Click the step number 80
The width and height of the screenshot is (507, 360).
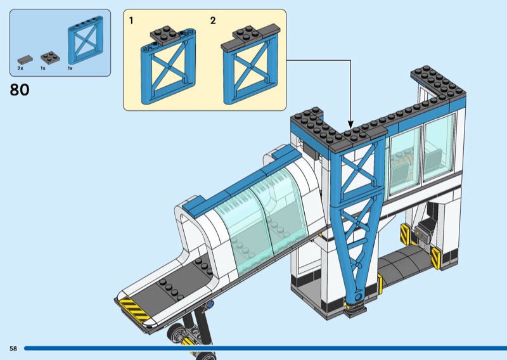click(20, 90)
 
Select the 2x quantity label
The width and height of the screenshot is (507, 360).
click(20, 68)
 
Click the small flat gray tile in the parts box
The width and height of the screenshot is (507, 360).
click(23, 58)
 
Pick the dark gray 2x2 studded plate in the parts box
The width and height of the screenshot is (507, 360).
click(48, 56)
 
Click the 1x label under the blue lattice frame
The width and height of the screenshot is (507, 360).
click(70, 68)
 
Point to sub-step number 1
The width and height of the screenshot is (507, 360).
click(131, 21)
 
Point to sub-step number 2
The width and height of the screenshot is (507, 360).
click(213, 21)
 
